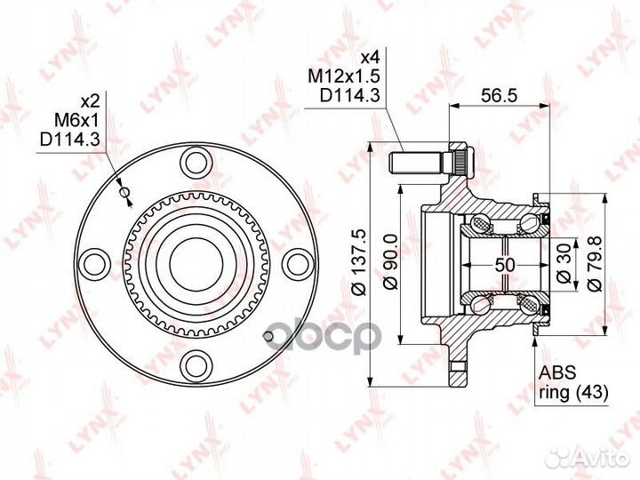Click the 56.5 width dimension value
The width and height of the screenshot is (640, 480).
pos(499,95)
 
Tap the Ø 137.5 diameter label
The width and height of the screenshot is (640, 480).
pos(361,261)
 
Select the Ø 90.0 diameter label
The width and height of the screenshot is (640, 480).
pos(392,261)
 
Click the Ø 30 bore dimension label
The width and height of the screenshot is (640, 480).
pos(564,265)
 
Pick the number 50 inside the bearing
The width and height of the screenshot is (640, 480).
pos(505,265)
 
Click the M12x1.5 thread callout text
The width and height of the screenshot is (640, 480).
pos(344,76)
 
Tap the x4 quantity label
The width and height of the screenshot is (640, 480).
pos(371,58)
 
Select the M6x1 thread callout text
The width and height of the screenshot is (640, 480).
pos(77,120)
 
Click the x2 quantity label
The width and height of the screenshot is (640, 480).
pos(90,101)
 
